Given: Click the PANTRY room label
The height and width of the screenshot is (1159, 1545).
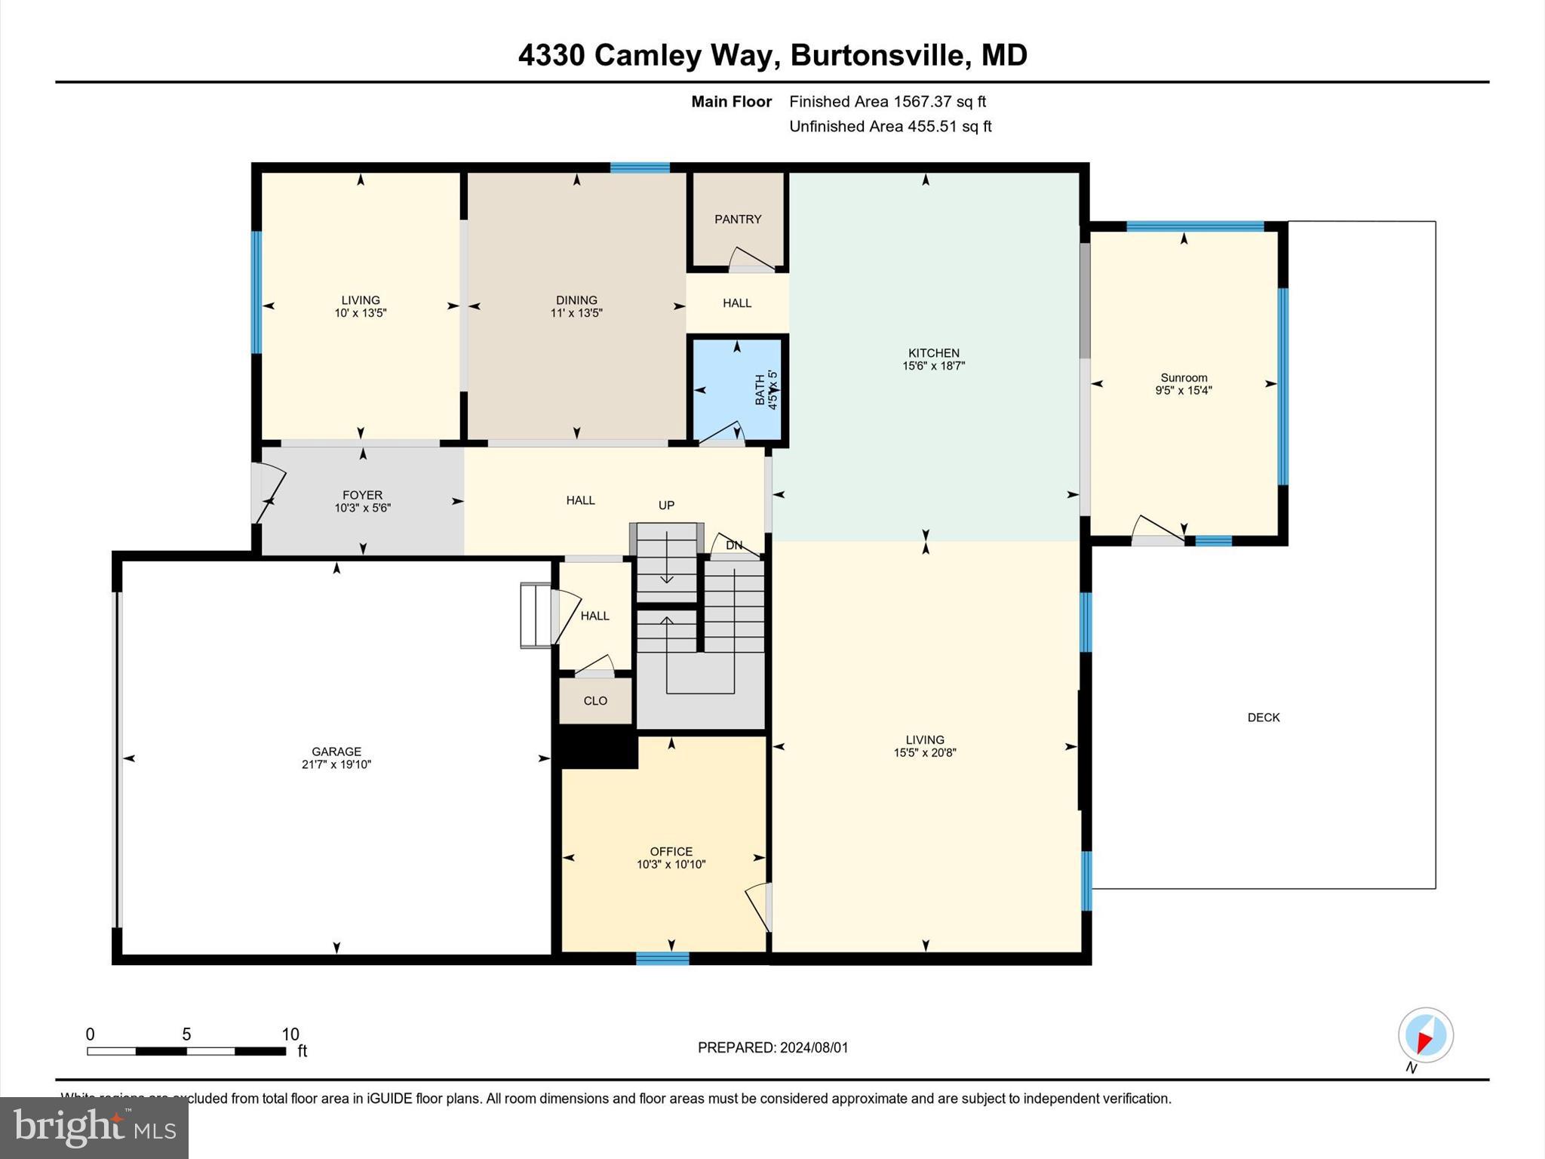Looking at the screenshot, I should [x=738, y=219].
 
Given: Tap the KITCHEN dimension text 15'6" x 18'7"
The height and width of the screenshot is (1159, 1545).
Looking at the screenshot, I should [x=933, y=366].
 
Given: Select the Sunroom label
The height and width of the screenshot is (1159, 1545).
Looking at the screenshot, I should [x=1183, y=377].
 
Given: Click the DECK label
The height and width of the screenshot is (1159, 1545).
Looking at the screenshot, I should [x=1263, y=718].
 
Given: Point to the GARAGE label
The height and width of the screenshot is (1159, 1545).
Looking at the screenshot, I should [x=336, y=752].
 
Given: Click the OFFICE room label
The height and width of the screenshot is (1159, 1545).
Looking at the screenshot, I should [x=671, y=851].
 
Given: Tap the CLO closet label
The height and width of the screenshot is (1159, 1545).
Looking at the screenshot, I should [x=595, y=701].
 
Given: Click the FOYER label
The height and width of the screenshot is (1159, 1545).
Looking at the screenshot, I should [x=362, y=495].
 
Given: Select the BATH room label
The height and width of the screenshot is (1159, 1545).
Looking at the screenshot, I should [x=760, y=390].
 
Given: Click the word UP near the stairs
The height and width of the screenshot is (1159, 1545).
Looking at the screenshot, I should [x=666, y=506].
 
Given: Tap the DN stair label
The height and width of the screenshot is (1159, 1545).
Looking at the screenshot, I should [x=733, y=545].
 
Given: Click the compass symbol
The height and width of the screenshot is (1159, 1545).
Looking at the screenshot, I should [x=1425, y=1035].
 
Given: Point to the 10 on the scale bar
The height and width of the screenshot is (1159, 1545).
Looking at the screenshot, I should [x=290, y=1034].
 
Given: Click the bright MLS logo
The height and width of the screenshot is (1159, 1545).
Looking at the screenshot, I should [x=94, y=1127].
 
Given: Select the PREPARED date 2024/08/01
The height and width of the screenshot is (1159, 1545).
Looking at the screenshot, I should [x=814, y=1047].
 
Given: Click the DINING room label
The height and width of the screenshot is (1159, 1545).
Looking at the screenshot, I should [x=576, y=300].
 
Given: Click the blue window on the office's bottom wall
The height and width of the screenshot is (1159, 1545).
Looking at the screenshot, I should [x=662, y=958].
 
